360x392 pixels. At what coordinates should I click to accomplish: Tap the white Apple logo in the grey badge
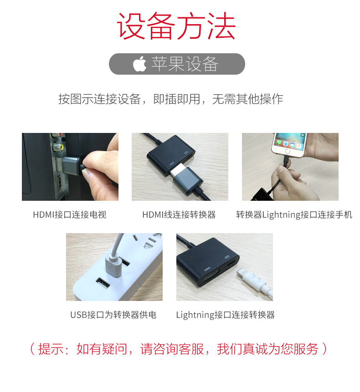coord(139,64)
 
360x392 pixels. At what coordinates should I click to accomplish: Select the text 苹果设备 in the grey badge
coord(185,64)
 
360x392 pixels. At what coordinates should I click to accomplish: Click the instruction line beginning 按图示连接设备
coord(170,99)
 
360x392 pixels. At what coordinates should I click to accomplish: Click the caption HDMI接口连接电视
coord(69,214)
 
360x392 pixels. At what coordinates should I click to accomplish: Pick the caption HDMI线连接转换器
coord(179,214)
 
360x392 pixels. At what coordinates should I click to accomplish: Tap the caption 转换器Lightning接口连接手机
coord(294,214)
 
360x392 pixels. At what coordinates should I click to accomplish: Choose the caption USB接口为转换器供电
coord(113,315)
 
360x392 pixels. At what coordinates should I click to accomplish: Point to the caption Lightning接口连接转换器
coord(225,315)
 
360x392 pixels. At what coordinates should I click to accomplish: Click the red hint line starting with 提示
coord(178,349)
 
